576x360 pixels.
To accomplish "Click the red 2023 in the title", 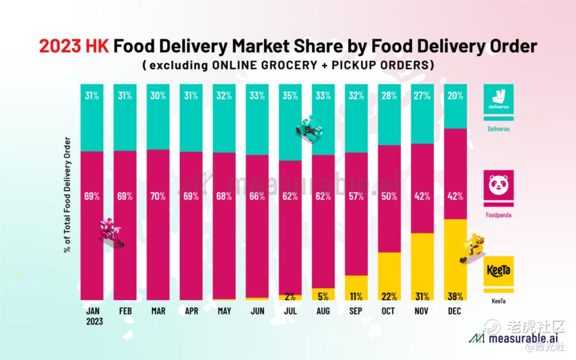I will [x=59, y=46].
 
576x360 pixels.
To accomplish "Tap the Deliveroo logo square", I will [x=499, y=100].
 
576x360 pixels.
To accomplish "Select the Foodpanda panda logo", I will [x=499, y=185].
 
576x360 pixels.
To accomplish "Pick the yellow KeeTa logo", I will [x=499, y=270].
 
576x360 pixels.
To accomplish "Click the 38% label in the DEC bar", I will [x=455, y=296].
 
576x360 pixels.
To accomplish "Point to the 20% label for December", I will [x=455, y=96].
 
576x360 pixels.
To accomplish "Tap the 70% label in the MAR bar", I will [x=158, y=196].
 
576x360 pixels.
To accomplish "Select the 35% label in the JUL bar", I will [x=290, y=96].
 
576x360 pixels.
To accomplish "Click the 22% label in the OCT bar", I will [x=389, y=296].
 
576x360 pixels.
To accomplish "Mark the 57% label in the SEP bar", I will [x=356, y=196].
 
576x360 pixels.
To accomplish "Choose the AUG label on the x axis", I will [x=323, y=311].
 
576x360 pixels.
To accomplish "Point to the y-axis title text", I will [x=68, y=195].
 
